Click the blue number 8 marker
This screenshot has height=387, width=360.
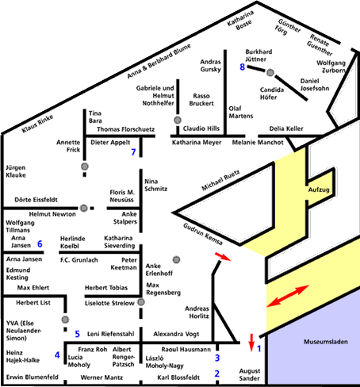click(243, 67)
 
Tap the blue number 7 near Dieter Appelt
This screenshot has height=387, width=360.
click(133, 151)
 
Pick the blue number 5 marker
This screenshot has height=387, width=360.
click(77, 333)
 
